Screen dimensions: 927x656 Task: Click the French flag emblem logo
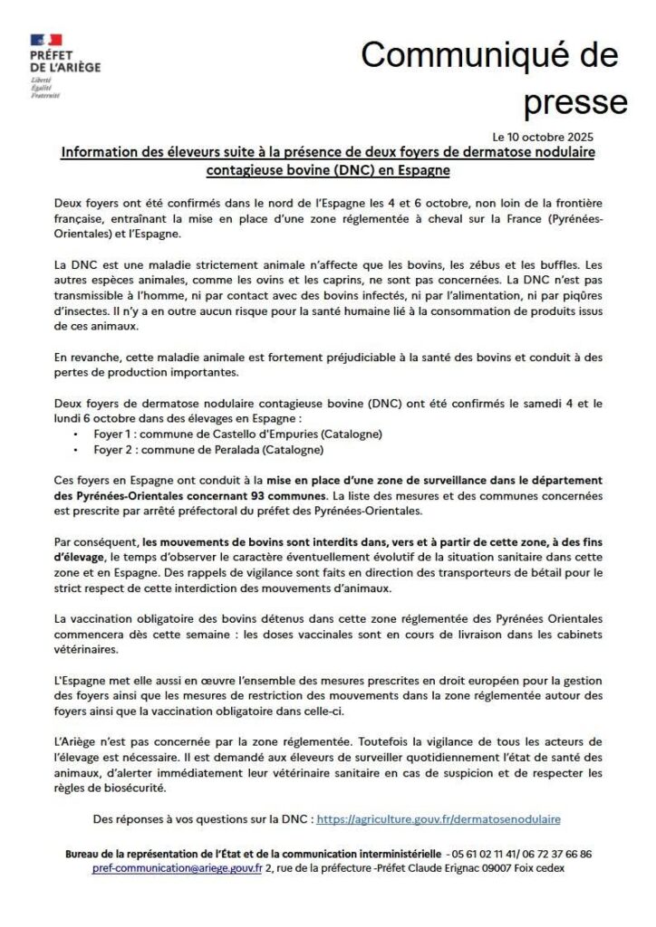pyautogui.click(x=46, y=41)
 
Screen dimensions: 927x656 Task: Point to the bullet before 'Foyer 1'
pyautogui.click(x=73, y=435)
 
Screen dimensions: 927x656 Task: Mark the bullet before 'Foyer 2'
pyautogui.click(x=73, y=450)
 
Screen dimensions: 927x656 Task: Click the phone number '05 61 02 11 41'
pyautogui.click(x=489, y=853)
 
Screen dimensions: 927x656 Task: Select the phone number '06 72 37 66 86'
pyautogui.click(x=561, y=853)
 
